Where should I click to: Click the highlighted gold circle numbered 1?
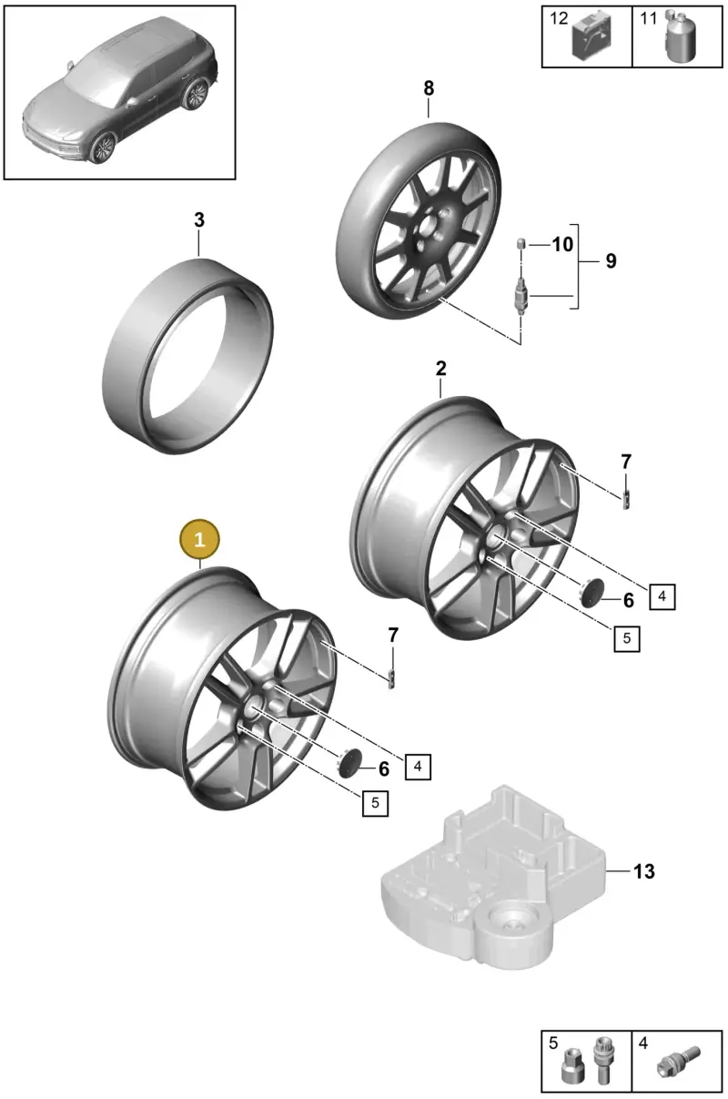coord(199,539)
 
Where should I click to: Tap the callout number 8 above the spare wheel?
coord(429,88)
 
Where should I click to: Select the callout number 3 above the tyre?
coord(199,219)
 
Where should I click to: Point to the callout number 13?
coord(644,871)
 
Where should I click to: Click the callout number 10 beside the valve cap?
coord(562,244)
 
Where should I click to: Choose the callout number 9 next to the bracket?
coord(611,260)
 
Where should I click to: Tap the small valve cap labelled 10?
coord(521,243)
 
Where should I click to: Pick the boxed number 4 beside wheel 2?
coord(662,596)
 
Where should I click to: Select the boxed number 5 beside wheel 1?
coord(375,803)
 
